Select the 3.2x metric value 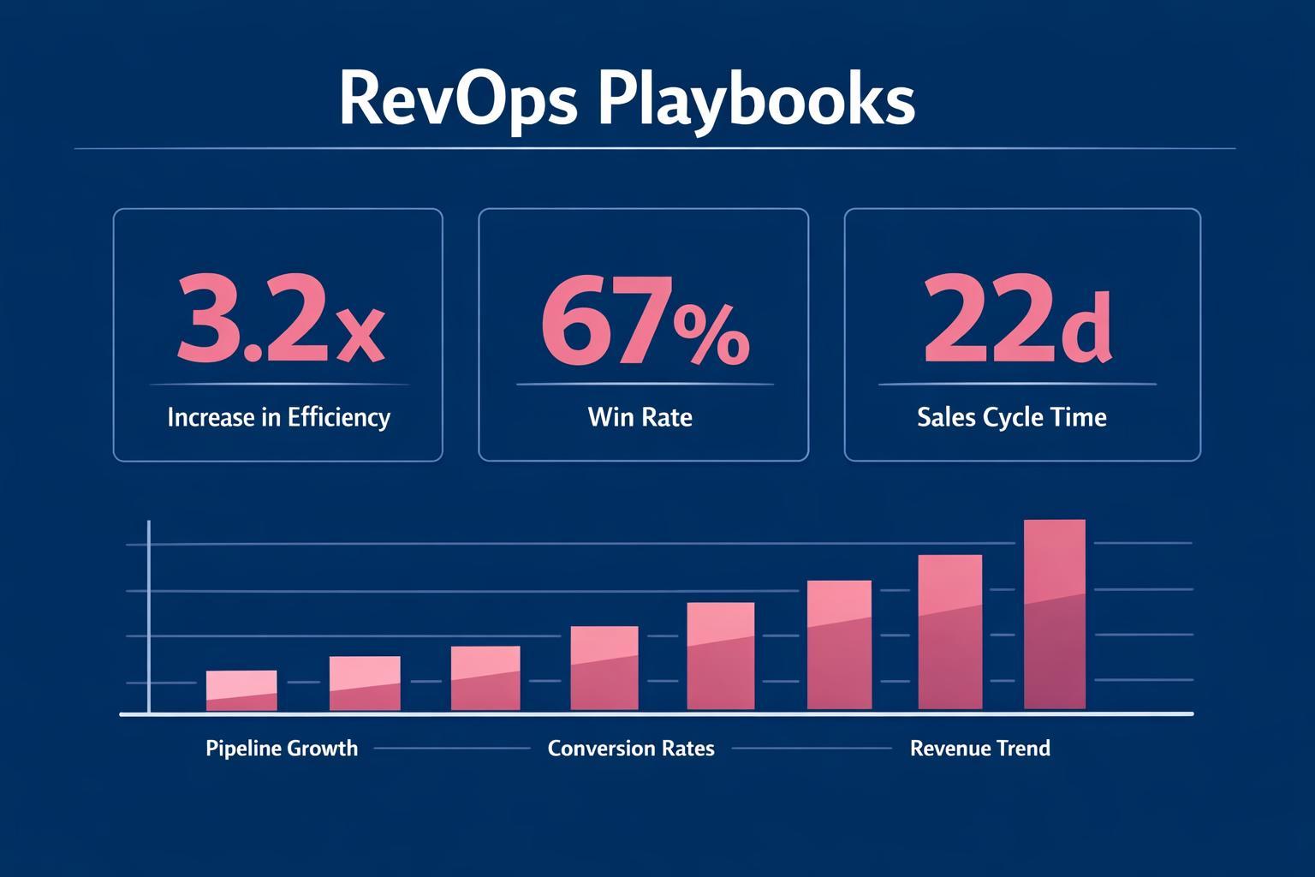point(280,319)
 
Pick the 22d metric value point(1017,319)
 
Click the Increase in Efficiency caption point(278,418)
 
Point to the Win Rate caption point(640,418)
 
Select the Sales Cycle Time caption point(1011,418)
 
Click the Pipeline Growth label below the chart point(282,749)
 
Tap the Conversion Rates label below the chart point(631,749)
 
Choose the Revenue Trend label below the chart point(979,749)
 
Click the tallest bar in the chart point(1055,615)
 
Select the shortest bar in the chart point(241,690)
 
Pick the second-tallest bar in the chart point(949,632)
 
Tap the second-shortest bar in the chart point(365,683)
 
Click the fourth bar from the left point(604,668)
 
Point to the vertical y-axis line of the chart point(149,617)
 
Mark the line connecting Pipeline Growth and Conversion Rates point(452,749)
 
